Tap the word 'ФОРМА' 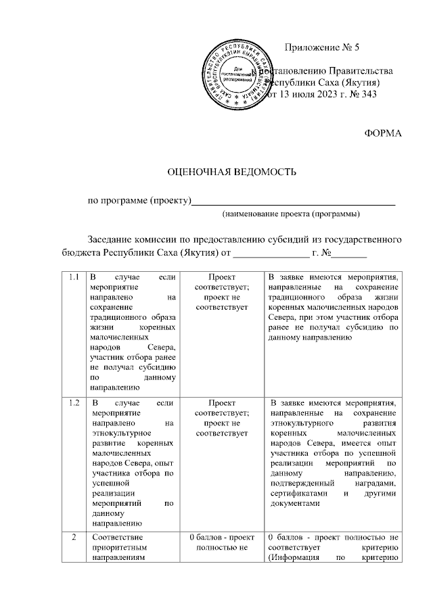383,133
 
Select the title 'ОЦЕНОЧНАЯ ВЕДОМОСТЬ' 232,172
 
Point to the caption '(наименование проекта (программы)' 291,214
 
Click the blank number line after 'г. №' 348,254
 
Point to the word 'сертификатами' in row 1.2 295,494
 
